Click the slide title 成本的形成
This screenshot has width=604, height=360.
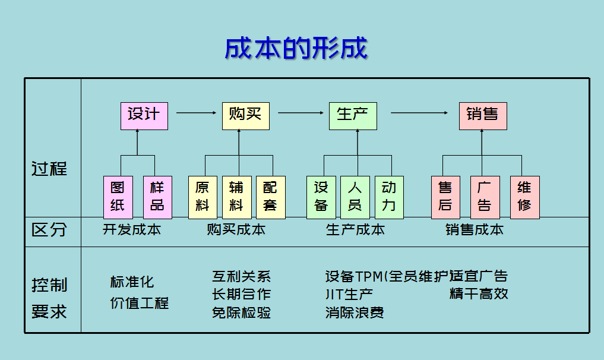tap(296, 49)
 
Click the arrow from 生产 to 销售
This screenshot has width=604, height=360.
tap(418, 113)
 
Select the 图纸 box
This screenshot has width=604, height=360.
tap(118, 197)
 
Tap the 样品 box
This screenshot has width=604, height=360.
tap(157, 197)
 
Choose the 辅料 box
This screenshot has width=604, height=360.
tap(236, 197)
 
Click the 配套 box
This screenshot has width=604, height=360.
tap(270, 197)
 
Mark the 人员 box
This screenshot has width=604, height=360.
tap(355, 197)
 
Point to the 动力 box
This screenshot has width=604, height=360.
tap(389, 197)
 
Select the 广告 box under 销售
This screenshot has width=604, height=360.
tap(485, 197)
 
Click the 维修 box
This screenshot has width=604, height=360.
tap(524, 197)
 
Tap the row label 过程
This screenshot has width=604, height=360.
tap(49, 169)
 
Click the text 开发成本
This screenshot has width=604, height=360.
tap(132, 230)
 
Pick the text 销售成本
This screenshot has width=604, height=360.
tap(475, 230)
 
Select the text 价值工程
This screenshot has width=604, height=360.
tap(140, 303)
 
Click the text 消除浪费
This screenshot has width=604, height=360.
tap(355, 312)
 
